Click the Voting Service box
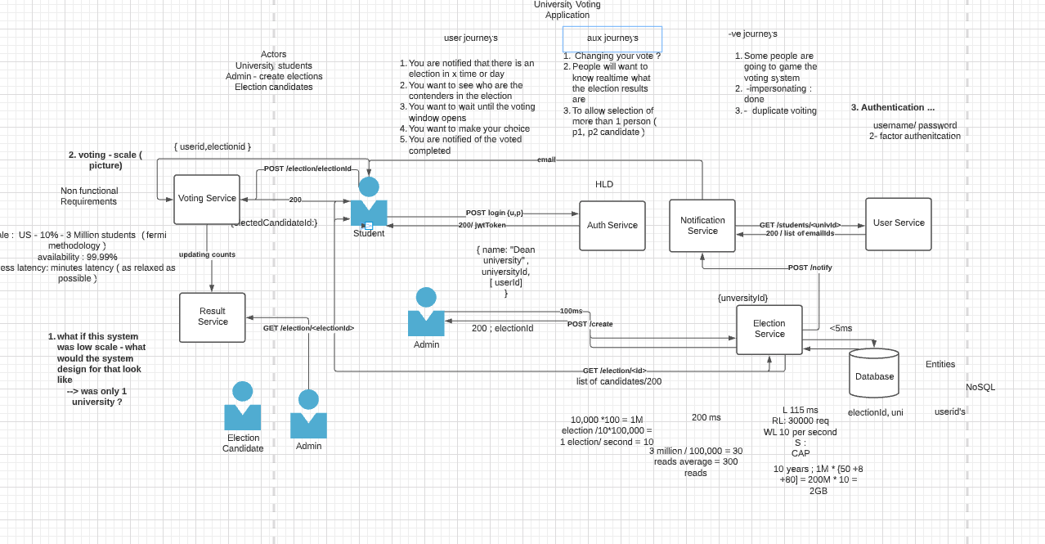(x=207, y=199)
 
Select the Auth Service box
(x=612, y=225)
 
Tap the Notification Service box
(x=702, y=225)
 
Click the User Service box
(x=898, y=223)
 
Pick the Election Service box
(x=769, y=329)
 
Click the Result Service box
(x=212, y=317)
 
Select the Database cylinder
(x=873, y=375)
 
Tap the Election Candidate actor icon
(x=243, y=407)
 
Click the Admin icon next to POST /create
(x=426, y=312)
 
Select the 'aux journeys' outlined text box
(x=612, y=38)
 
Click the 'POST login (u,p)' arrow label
(x=495, y=213)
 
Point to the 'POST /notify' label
(x=810, y=268)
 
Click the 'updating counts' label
(x=207, y=254)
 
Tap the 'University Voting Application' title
(x=567, y=10)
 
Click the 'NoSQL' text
(x=980, y=387)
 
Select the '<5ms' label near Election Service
(x=841, y=328)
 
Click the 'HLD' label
(x=603, y=184)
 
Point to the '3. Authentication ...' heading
(x=892, y=107)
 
